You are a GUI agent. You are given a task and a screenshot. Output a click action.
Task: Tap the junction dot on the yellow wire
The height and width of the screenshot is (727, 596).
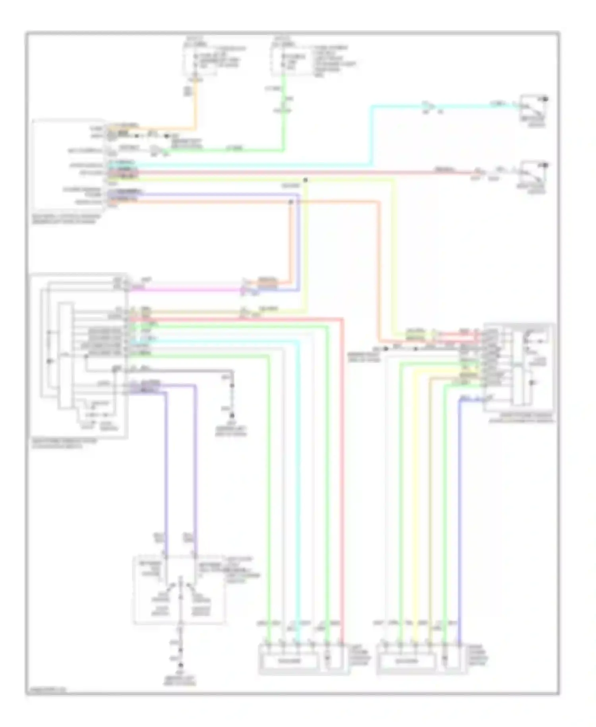(306, 180)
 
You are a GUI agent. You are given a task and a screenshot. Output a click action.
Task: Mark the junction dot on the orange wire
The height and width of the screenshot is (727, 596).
(291, 202)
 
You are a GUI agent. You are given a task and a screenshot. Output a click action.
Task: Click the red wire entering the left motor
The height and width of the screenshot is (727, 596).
(342, 517)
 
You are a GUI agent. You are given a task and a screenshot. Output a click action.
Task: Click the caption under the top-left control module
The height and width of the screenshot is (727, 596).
(66, 219)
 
